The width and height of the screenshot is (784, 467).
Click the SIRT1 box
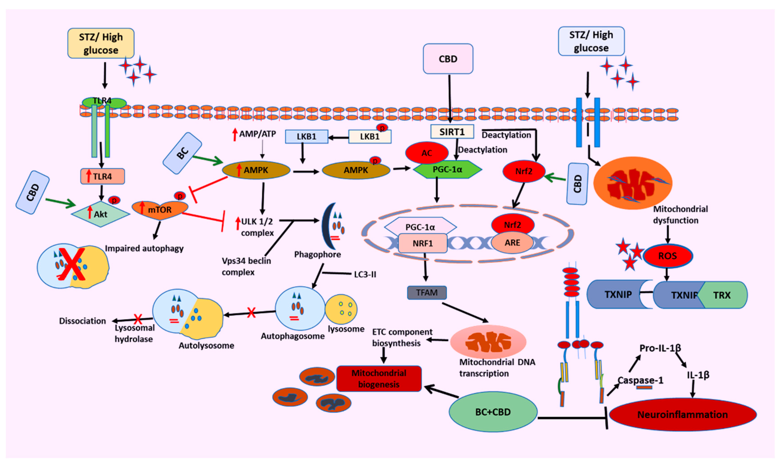(x=452, y=132)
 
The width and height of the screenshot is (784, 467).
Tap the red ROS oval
(x=667, y=256)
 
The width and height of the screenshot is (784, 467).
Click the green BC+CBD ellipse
(x=493, y=412)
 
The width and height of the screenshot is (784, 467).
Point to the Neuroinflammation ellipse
(x=683, y=414)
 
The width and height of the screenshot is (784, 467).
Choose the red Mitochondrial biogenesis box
(x=379, y=379)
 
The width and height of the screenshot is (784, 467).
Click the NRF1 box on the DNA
(x=423, y=243)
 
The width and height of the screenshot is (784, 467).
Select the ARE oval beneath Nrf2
(x=512, y=243)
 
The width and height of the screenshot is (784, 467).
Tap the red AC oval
(x=427, y=153)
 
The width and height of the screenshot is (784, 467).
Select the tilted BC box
(x=182, y=153)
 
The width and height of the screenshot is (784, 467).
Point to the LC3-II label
(x=365, y=274)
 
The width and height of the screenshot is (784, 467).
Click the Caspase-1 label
(x=640, y=380)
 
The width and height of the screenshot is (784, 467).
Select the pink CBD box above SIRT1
(x=448, y=59)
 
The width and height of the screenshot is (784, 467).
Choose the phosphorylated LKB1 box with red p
(x=370, y=137)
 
